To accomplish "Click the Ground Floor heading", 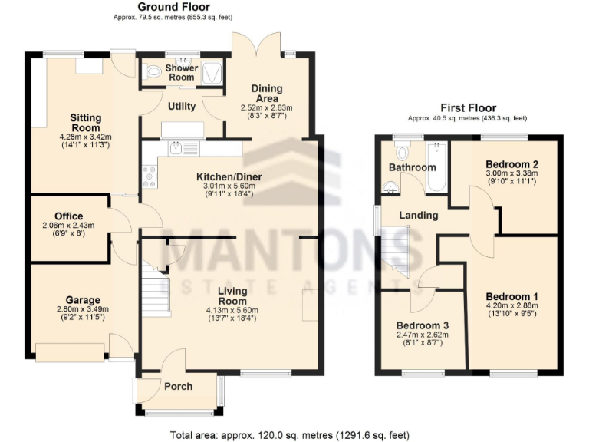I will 173,7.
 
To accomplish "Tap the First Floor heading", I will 468,108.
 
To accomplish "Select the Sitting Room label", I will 86,123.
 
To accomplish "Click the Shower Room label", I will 182,72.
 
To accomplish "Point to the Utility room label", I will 182,107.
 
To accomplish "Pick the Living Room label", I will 231,295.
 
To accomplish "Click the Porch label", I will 178,386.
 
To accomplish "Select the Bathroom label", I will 412,167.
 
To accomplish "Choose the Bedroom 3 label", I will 423,325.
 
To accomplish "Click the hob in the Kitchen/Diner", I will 149,177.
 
